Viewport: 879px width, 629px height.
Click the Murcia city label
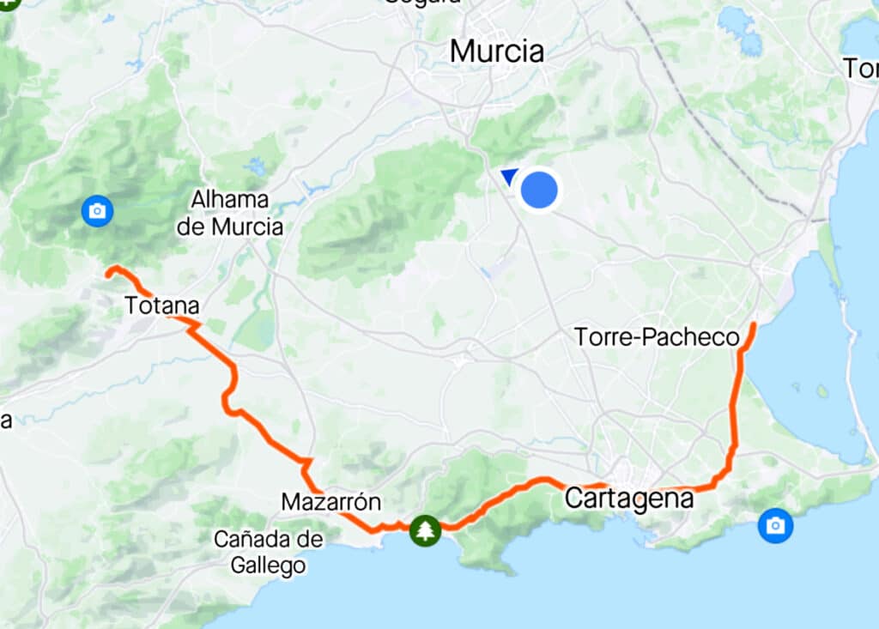[x=497, y=51]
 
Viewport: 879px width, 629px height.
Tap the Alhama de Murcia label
[x=236, y=213]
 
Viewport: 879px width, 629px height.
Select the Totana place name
[x=161, y=305]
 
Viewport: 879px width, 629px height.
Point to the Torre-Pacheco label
[x=657, y=337]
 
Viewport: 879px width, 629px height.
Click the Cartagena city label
[x=629, y=499]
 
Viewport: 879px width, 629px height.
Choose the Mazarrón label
[x=330, y=501]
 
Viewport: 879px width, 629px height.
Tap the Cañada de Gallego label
[x=269, y=552]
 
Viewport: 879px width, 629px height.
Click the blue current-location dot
[x=539, y=189]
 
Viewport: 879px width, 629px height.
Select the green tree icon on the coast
[x=424, y=530]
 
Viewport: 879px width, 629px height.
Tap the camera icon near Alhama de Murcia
[x=97, y=210]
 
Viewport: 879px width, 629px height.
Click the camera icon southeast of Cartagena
[x=775, y=524]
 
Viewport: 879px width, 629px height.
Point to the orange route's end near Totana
[x=109, y=272]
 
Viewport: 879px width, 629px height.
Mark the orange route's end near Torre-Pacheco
[x=754, y=324]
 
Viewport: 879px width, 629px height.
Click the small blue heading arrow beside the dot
[x=509, y=177]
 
